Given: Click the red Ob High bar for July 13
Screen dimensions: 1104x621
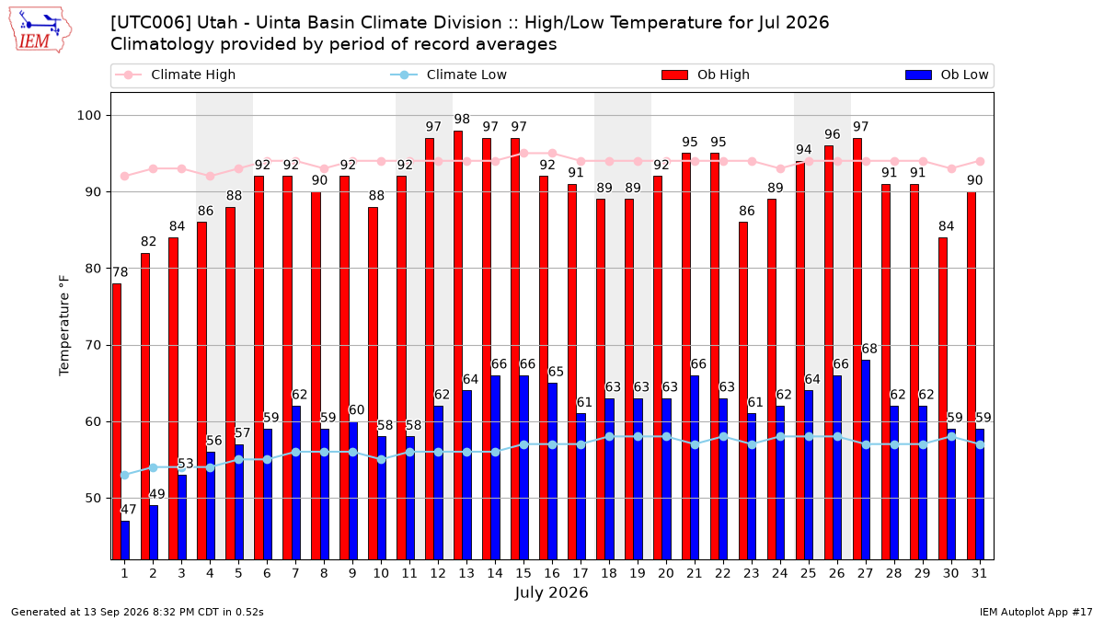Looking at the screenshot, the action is [458, 345].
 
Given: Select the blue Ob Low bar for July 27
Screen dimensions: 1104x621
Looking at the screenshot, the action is [866, 460].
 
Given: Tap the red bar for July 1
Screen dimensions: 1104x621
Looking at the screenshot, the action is [116, 421].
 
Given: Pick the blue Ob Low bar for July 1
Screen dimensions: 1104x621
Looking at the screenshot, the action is [125, 540].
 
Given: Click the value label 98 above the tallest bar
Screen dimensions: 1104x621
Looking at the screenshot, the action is [462, 119].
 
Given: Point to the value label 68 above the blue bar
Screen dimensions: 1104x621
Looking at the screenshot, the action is [869, 349].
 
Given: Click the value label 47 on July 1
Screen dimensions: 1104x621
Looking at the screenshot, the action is [128, 509].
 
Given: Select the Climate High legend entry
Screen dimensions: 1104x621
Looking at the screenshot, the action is [176, 75].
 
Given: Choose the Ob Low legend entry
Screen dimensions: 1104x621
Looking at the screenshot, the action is [947, 75].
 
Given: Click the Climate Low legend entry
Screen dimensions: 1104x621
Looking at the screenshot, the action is [449, 75].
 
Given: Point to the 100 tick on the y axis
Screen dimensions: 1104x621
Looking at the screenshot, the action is [88, 115].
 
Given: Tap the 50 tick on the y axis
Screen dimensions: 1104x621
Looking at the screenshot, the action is [93, 499].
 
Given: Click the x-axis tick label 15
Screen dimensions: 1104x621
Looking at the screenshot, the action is [523, 573].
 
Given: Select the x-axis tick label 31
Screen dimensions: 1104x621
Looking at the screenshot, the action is [979, 573].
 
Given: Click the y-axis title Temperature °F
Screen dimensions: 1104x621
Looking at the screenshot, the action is [64, 326].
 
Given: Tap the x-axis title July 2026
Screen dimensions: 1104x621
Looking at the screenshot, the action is [551, 592].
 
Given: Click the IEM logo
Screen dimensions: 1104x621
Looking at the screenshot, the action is [40, 30].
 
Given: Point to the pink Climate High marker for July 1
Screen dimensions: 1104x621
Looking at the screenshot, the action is [125, 177].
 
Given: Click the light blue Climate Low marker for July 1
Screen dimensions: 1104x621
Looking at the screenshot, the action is [125, 475].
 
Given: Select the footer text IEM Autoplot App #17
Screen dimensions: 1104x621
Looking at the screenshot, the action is [1036, 612].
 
